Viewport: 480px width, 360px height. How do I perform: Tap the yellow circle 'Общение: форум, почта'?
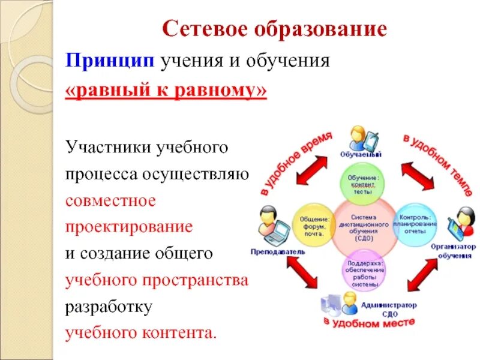[314, 226]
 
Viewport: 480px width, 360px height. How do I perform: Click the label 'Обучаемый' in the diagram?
[361, 154]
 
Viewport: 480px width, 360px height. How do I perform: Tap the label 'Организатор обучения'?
[453, 251]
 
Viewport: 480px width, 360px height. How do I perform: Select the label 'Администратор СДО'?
[389, 308]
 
